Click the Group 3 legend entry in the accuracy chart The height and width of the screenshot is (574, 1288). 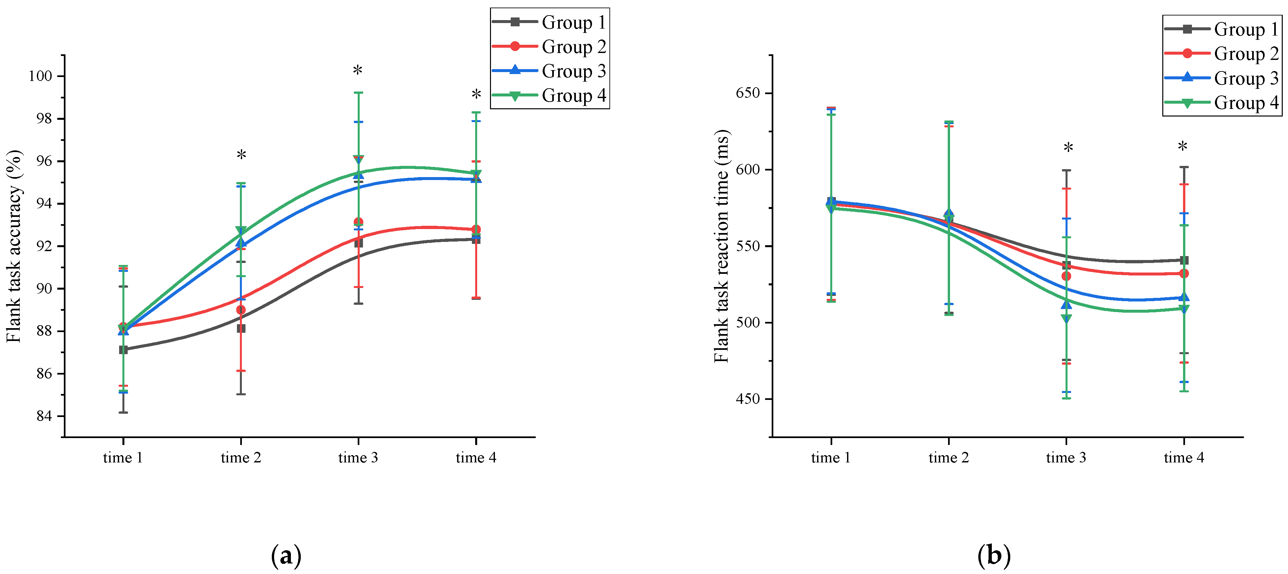coord(550,71)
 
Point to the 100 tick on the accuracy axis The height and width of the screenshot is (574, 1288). coord(40,76)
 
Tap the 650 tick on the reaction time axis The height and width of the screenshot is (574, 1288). coord(748,93)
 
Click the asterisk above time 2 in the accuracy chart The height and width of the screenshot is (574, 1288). coord(241,155)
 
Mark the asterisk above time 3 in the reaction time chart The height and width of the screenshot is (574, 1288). coord(1068,148)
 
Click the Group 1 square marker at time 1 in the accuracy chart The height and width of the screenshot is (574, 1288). coord(123,350)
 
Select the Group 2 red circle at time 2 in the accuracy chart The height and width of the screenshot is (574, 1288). coord(241,310)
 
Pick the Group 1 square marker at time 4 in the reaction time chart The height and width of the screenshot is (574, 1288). coord(1183,260)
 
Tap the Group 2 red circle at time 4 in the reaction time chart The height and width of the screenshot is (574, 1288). coord(1183,274)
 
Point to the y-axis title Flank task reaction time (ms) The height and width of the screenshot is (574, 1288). coord(722,247)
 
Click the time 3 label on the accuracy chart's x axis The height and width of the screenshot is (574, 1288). coord(358,457)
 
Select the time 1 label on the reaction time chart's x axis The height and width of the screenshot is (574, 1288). coord(831,457)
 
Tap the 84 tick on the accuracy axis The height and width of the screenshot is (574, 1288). coord(44,416)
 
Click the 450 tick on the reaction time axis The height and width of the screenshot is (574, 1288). coord(748,399)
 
